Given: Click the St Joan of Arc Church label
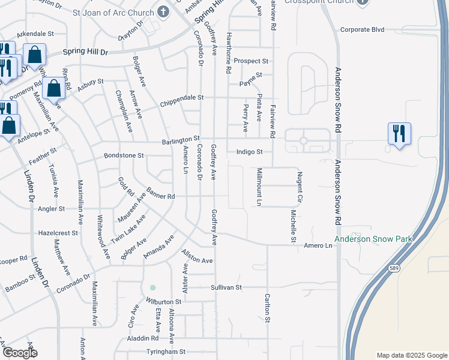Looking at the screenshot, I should tap(114, 12).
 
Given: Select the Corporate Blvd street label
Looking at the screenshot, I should tap(361, 29).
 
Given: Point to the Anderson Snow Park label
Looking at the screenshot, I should tap(373, 239).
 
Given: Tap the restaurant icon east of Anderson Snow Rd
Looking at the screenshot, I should tap(399, 133).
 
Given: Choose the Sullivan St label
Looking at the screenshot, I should tap(226, 287).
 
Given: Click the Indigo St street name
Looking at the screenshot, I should tap(249, 152).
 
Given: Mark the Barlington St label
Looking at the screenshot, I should tap(180, 139).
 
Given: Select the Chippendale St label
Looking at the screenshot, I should tap(182, 97).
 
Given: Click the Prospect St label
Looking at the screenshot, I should tap(251, 61).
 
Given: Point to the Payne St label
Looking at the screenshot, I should tap(251, 75).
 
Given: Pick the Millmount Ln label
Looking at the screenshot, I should tap(259, 187).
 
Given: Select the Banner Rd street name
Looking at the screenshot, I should tap(160, 196).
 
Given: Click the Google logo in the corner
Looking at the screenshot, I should tap(19, 353).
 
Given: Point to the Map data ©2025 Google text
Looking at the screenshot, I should tap(411, 355).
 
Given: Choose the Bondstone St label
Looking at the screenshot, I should tap(124, 155).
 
